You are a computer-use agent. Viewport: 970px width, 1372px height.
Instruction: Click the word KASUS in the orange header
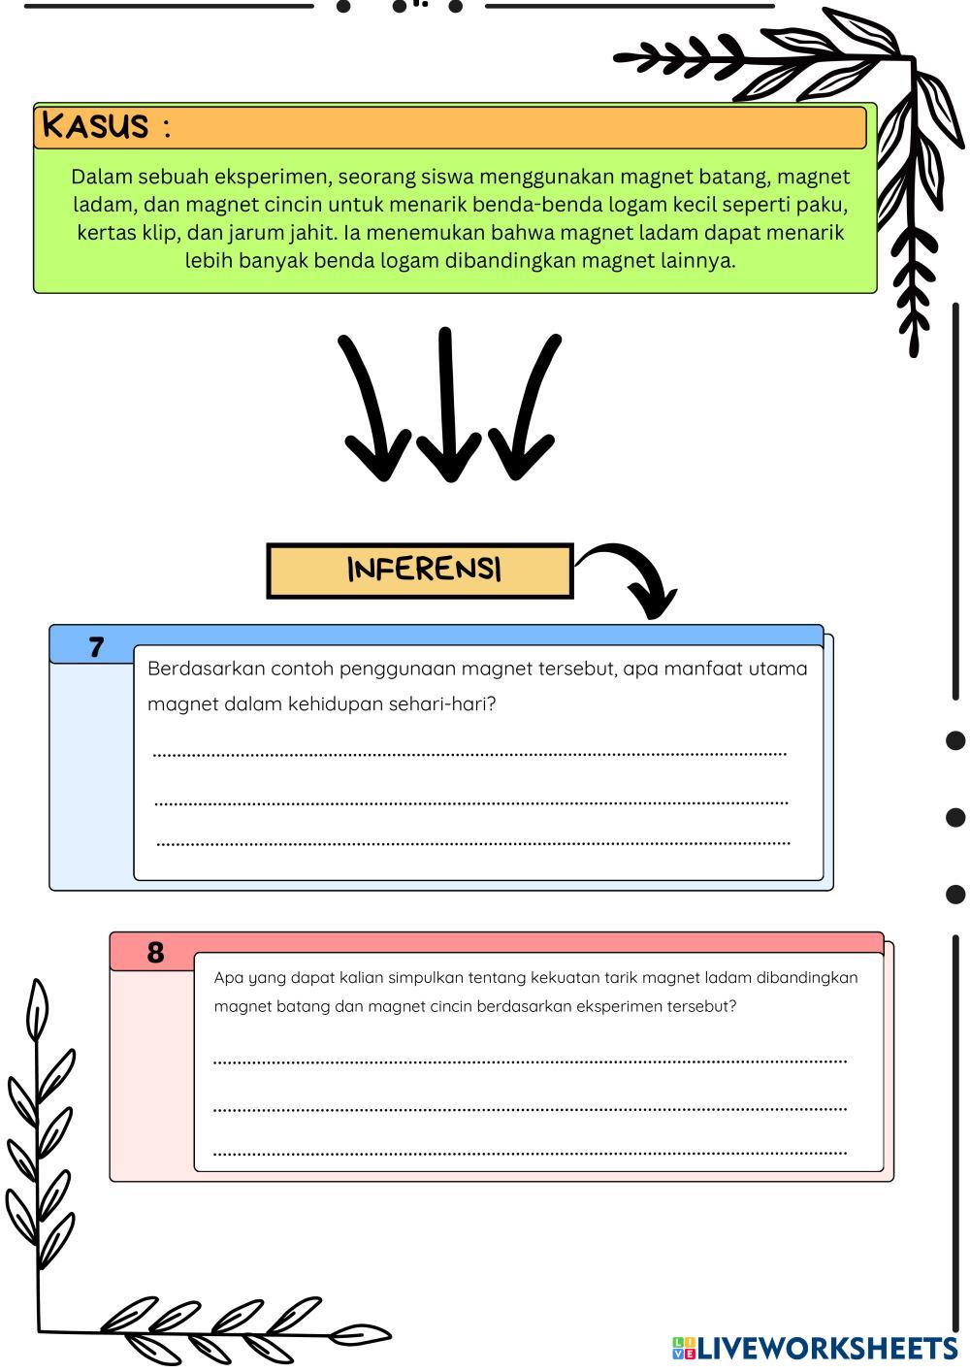point(95,126)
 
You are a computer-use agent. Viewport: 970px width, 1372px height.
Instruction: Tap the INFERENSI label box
point(420,571)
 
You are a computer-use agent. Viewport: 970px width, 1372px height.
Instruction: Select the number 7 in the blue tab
point(96,647)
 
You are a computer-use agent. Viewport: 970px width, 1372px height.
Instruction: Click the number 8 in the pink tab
point(155,953)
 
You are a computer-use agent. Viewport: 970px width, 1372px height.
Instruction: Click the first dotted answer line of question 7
point(469,754)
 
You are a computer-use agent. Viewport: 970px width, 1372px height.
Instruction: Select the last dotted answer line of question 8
point(530,1154)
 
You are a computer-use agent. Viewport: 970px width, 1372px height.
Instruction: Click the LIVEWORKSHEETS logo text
point(824,1348)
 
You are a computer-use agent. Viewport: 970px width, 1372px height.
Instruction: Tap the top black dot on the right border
point(955,740)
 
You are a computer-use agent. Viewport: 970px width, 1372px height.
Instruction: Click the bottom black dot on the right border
point(955,894)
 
